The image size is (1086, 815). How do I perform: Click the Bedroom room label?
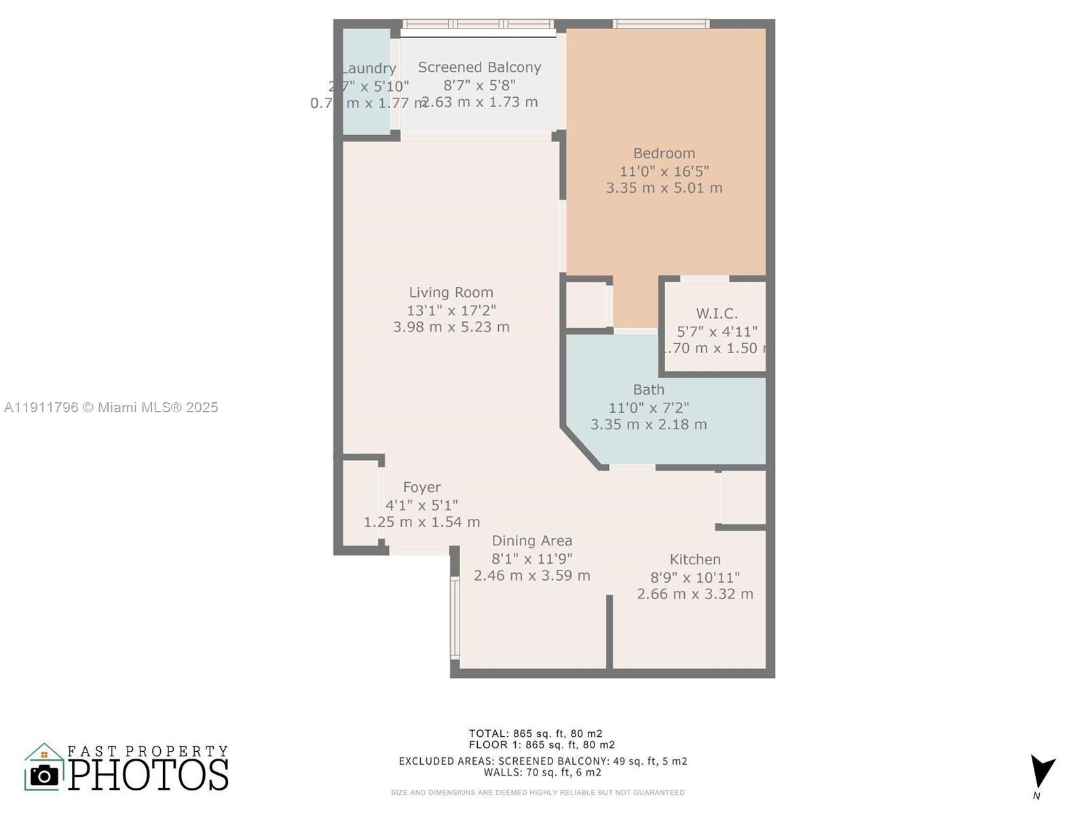tap(664, 153)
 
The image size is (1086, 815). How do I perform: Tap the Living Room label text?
tap(451, 293)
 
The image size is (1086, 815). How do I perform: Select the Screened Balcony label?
tap(479, 67)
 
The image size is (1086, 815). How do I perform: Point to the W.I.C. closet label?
tap(717, 314)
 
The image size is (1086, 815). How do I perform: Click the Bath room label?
tap(649, 390)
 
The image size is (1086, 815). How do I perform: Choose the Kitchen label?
tap(695, 560)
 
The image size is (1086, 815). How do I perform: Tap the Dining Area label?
tap(531, 541)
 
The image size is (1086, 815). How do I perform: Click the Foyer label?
tap(422, 488)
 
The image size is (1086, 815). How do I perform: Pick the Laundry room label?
tap(369, 69)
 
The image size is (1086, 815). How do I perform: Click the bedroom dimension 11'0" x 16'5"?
tap(664, 171)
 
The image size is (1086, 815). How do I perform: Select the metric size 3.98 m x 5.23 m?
tap(451, 327)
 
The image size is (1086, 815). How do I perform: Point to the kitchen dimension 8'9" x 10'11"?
tap(695, 577)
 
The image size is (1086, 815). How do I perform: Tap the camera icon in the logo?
tap(45, 775)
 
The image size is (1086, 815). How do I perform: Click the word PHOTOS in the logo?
tap(148, 775)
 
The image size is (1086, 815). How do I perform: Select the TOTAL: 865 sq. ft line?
tap(535, 733)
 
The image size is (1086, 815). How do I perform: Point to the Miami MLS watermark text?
tap(111, 407)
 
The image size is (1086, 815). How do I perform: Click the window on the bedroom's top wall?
tap(661, 24)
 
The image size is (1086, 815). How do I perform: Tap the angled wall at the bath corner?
tap(582, 448)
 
